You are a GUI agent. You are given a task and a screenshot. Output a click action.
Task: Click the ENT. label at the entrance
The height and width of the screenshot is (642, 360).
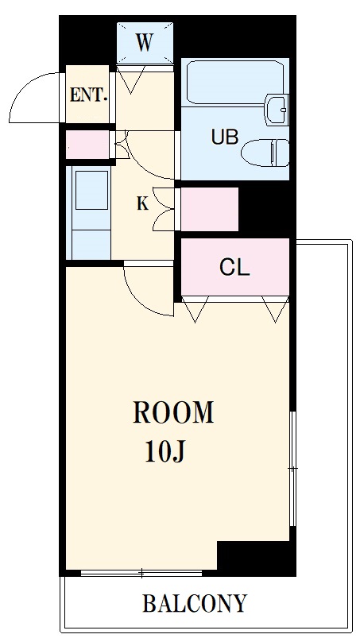coord(88,95)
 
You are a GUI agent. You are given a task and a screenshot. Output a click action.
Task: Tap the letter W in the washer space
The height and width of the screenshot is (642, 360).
coord(144,43)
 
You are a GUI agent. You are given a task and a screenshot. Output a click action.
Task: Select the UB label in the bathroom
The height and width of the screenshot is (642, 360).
coord(225,137)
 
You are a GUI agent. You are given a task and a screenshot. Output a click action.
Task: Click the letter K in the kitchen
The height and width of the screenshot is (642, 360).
coord(142,203)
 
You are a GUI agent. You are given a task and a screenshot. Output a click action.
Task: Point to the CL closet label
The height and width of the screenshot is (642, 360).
coord(234,269)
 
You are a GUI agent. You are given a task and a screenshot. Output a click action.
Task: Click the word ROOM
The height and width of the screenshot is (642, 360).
coord(173,412)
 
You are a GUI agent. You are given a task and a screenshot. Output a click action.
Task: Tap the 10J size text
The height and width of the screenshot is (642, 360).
coord(165,452)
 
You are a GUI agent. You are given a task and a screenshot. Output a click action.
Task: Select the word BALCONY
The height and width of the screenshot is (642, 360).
coord(195,603)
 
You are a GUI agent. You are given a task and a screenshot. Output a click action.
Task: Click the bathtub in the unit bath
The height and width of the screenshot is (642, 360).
coord(234,82)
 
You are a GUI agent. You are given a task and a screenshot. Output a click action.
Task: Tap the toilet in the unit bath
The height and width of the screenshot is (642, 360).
coord(265,153)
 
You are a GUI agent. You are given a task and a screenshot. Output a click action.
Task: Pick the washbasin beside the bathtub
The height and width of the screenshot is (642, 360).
coord(277,110)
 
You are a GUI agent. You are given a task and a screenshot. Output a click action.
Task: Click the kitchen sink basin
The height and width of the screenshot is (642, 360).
coord(91,191)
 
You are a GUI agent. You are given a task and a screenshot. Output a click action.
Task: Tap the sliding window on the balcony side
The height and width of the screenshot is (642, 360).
coord(141,573)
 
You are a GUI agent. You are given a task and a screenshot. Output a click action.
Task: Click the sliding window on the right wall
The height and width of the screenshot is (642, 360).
coord(293,468)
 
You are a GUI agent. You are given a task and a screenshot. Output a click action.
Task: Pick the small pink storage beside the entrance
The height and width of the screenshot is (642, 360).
coord(87,145)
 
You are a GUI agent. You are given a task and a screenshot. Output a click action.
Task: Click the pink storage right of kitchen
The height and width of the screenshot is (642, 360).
coord(210,209)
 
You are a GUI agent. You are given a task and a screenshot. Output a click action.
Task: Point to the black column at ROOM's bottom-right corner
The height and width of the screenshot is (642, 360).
coord(256,559)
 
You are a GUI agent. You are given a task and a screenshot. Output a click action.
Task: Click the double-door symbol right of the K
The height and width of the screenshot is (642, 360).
coord(164,209)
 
